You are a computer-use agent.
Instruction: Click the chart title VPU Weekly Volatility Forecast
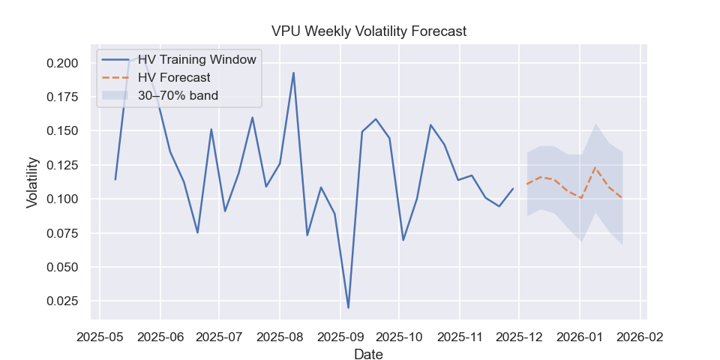click(368, 31)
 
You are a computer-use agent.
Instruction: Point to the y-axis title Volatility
click(33, 182)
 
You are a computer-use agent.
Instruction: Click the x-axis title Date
click(368, 354)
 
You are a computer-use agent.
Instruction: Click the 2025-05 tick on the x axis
click(100, 336)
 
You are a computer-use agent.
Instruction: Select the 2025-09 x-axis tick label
click(340, 336)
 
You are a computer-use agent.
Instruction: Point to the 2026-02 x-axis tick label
click(639, 336)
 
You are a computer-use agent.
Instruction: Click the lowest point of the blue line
click(348, 307)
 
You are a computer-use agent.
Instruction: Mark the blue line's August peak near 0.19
click(293, 73)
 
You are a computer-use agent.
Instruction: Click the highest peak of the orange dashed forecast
click(595, 167)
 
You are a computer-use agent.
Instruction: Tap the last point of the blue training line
click(513, 189)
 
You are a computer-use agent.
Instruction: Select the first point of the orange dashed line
click(527, 184)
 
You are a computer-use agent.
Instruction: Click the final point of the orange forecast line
click(622, 198)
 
